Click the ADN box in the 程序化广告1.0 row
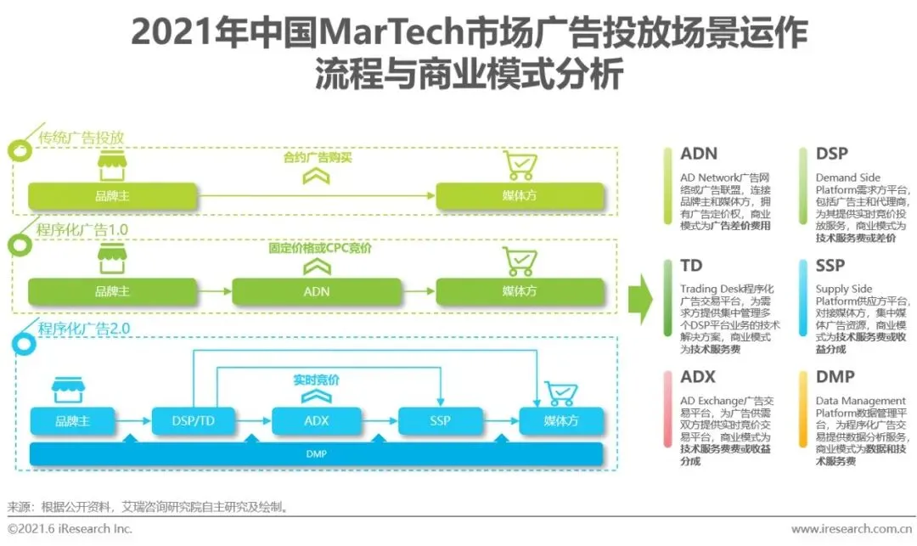tap(317, 291)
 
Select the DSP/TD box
tap(194, 421)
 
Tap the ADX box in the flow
tap(316, 421)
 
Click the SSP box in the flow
tap(439, 421)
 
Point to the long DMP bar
tap(316, 454)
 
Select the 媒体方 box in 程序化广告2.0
tap(561, 421)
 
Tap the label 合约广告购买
tap(317, 157)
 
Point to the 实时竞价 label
tap(316, 380)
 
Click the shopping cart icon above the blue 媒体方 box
tap(560, 392)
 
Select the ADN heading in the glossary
tap(699, 154)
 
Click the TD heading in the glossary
tap(691, 266)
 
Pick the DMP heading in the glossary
tap(835, 377)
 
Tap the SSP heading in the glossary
tap(830, 266)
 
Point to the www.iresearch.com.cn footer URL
tap(849, 529)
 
